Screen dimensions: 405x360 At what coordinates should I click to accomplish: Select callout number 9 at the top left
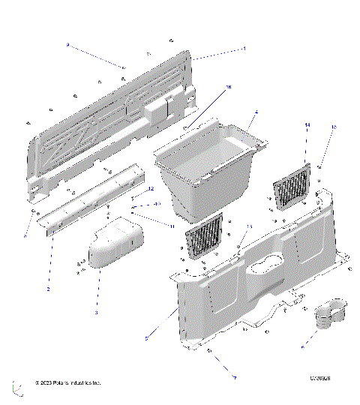point(67,46)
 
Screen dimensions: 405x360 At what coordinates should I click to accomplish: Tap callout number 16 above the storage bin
point(229,88)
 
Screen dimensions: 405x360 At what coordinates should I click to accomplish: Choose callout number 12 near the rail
point(151,188)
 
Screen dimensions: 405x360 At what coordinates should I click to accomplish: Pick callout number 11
point(171,225)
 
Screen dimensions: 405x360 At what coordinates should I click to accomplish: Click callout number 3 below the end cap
point(96,310)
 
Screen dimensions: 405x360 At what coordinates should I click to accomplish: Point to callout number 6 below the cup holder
point(302,347)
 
